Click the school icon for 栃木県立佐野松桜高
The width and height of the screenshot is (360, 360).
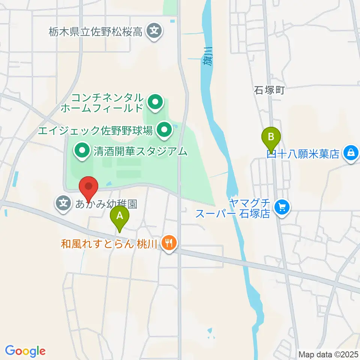tap(154, 30)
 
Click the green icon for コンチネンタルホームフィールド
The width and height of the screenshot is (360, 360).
tap(154, 102)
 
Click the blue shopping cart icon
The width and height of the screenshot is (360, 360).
tap(282, 206)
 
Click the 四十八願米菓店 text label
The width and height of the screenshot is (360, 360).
tap(304, 153)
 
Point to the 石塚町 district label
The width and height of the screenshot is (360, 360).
tap(270, 90)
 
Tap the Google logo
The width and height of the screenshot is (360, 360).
tap(25, 351)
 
